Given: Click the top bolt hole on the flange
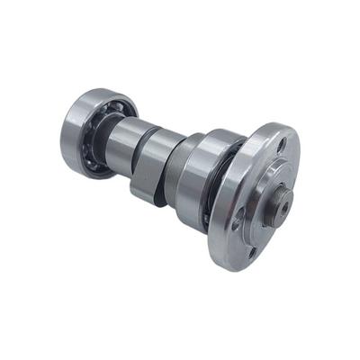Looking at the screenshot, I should (280, 142).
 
